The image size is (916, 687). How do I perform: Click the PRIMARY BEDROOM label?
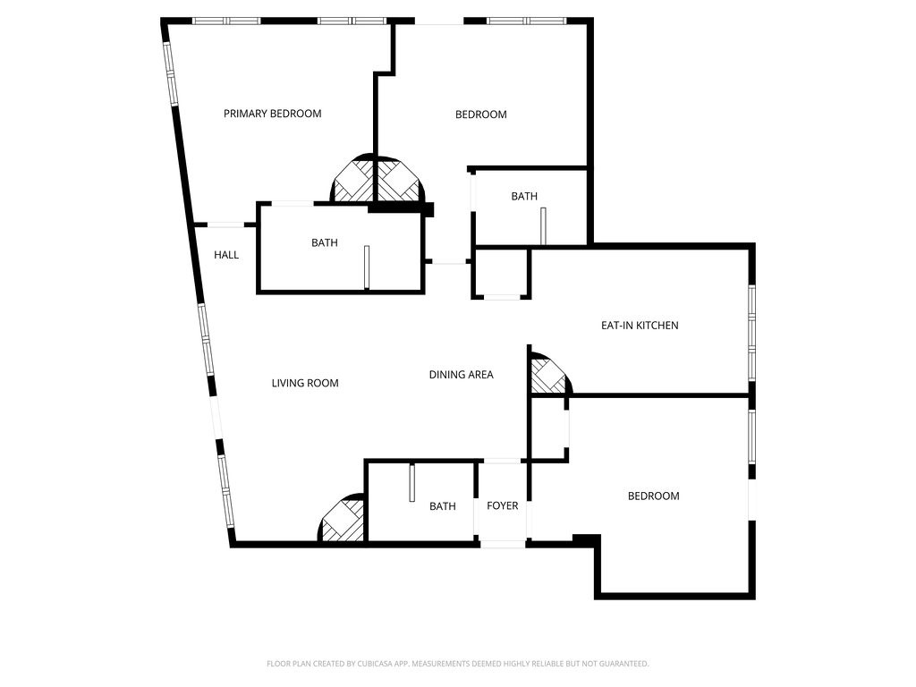272,114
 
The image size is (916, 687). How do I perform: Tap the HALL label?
226,255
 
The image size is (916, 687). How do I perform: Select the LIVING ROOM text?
305,383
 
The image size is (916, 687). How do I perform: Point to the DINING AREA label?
461,375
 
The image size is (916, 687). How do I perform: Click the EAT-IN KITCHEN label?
639,326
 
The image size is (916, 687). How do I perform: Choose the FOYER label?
502,506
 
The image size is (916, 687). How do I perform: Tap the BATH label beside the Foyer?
442,506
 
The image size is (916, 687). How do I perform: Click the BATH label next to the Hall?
324,242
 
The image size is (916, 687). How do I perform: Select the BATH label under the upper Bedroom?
524,197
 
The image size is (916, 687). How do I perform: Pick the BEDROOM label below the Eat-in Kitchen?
653,496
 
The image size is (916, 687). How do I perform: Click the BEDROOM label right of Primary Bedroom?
480,114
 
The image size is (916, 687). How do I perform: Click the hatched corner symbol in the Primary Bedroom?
352,182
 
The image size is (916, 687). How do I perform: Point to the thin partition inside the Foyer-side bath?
411,486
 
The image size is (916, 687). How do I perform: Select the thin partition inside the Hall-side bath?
367,267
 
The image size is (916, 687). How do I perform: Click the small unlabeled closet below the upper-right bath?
501,273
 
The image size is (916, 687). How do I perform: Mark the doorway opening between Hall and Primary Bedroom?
226,224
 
